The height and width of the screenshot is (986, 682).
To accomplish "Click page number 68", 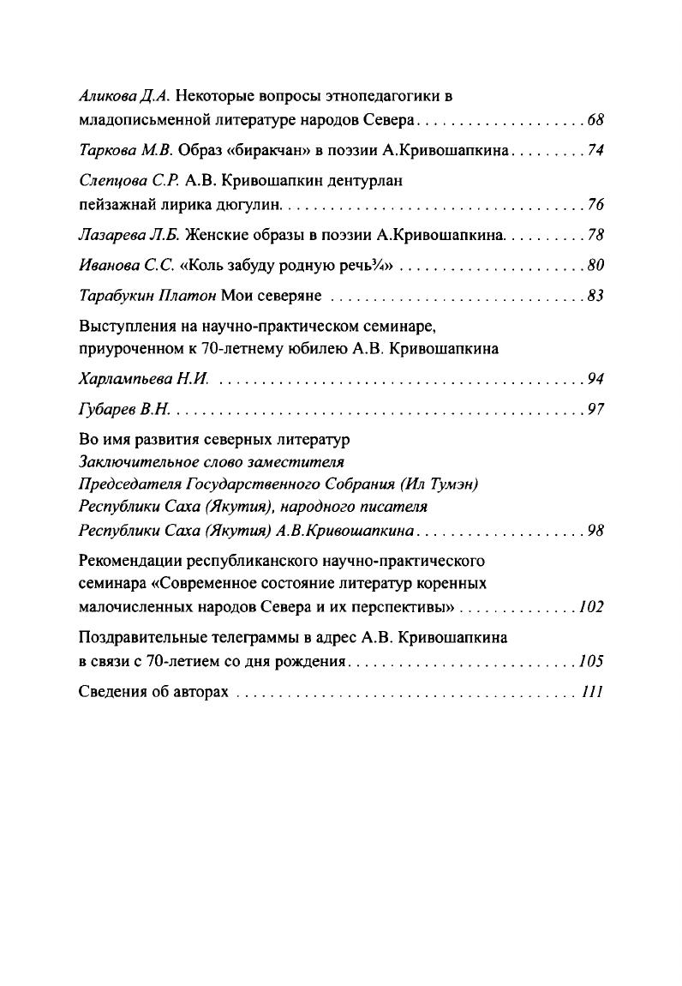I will [x=595, y=118].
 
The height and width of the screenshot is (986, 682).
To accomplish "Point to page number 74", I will [x=595, y=150].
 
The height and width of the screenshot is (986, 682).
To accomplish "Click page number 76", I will [x=595, y=205].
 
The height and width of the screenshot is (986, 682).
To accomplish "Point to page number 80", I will [x=595, y=265].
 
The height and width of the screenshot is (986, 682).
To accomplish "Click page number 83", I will [x=595, y=296].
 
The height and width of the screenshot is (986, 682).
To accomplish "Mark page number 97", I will [x=595, y=410].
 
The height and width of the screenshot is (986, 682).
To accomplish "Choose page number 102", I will [x=591, y=607].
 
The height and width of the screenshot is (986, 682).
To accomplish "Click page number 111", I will [x=593, y=692].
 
